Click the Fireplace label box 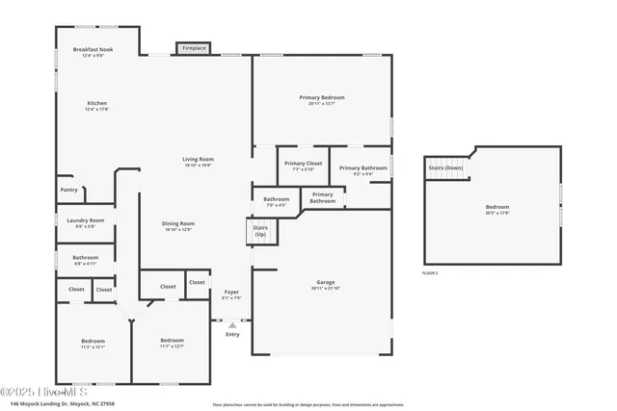[x=193, y=47]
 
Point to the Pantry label [x=68, y=190]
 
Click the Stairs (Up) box [x=260, y=231]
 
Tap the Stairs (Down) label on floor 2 [x=445, y=167]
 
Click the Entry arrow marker [x=231, y=325]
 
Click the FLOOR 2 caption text [x=430, y=273]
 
